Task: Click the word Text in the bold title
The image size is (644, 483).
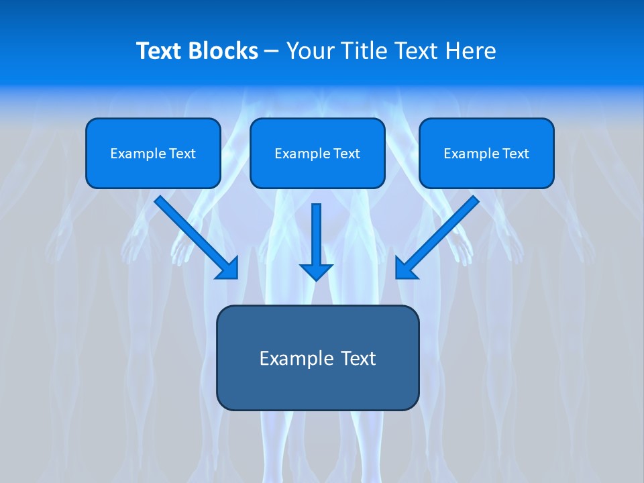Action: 158,51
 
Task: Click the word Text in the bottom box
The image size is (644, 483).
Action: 360,358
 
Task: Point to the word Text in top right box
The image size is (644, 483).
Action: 515,154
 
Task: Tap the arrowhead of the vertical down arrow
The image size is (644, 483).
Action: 317,272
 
